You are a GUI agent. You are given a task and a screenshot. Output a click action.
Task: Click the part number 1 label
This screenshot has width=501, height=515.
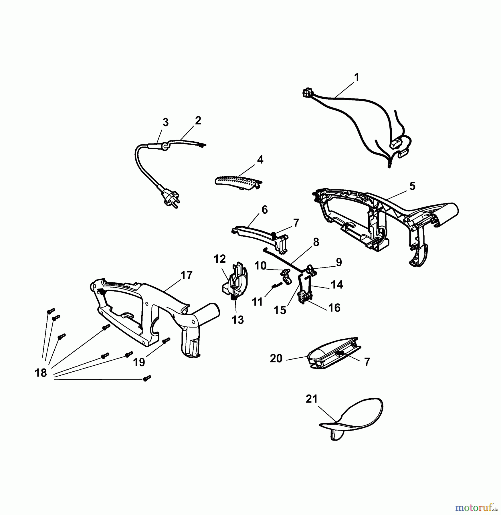click(x=356, y=77)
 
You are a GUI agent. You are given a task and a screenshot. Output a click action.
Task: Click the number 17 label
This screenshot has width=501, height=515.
click(x=186, y=275)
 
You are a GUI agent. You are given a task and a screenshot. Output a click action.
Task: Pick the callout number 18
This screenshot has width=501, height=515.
click(x=41, y=373)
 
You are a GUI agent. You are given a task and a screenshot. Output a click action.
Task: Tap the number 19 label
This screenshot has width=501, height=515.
click(x=139, y=362)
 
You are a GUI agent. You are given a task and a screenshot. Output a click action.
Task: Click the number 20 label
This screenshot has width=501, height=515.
click(x=276, y=358)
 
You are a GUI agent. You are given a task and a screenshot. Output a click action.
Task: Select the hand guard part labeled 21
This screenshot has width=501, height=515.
click(x=351, y=419)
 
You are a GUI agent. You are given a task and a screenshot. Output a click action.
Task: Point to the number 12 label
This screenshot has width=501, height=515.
click(x=220, y=259)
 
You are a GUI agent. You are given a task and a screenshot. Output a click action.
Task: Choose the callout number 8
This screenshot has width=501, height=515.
click(x=316, y=242)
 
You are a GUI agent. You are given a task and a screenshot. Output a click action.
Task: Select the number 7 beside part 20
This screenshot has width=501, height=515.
click(x=367, y=362)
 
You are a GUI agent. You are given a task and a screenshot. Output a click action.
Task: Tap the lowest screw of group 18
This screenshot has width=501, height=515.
click(x=147, y=378)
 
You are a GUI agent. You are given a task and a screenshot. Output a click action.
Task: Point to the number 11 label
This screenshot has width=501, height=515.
click(x=257, y=302)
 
